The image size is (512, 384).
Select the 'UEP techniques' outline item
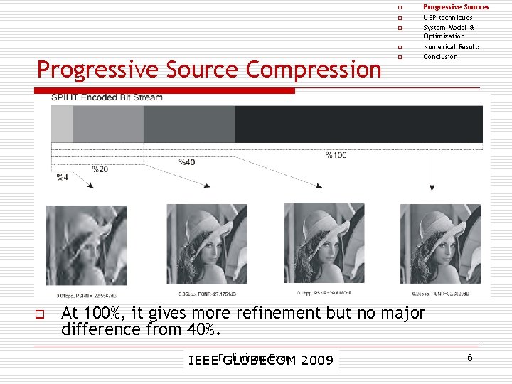pos(447,18)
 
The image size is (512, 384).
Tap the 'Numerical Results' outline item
pos(452,47)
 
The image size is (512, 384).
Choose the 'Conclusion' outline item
pos(440,57)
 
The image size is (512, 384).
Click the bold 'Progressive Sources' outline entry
pos(456,7)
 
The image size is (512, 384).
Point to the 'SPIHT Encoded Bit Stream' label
pos(107,98)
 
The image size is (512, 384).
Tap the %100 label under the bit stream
pos(336,155)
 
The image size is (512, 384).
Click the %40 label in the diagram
pos(186,162)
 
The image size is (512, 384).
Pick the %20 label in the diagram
pos(100,169)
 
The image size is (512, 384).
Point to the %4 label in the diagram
pos(63,176)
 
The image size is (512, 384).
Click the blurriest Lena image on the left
pos(85,244)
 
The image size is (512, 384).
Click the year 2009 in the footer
pos(316,361)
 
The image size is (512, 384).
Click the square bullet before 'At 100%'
pos(41,314)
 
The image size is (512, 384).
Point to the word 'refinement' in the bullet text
pos(283,313)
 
